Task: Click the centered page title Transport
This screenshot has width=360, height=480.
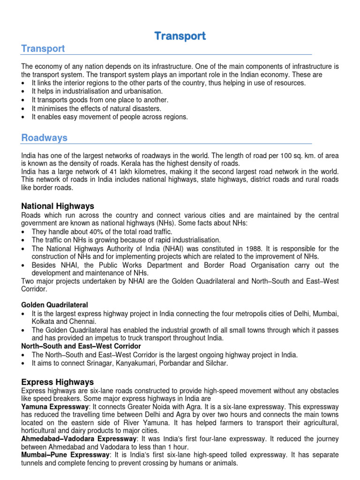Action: [180, 36]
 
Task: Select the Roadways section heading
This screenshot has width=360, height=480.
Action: [44, 138]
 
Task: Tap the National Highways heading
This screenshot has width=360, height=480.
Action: [58, 206]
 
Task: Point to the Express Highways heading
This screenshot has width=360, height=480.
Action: [57, 382]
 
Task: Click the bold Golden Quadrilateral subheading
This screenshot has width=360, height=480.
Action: [54, 305]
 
